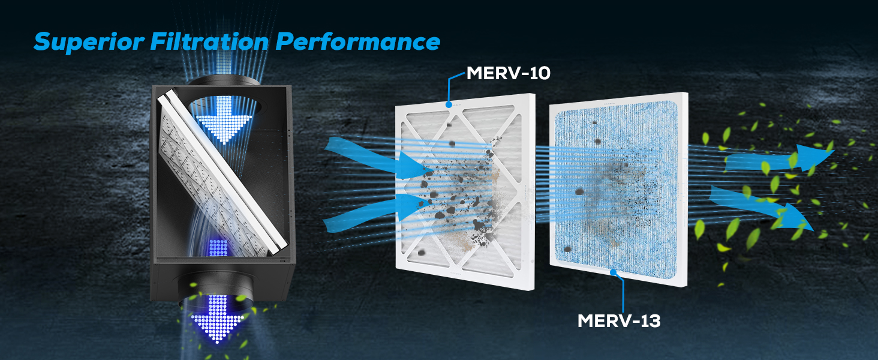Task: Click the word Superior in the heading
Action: coord(89,41)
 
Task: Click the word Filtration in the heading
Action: coord(210,41)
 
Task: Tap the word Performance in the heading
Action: coord(358,41)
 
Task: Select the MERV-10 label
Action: coord(509,73)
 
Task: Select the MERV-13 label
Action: coord(619,321)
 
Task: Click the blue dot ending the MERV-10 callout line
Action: coord(449,104)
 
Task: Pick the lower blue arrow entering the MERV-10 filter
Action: coord(376,212)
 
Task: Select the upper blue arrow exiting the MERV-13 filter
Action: coord(780,159)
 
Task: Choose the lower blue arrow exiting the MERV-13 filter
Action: coord(760,206)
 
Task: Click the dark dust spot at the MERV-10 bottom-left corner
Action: coord(422,253)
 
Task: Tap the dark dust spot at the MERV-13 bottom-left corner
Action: coord(567,249)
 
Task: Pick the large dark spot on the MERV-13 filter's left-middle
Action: coord(579,192)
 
